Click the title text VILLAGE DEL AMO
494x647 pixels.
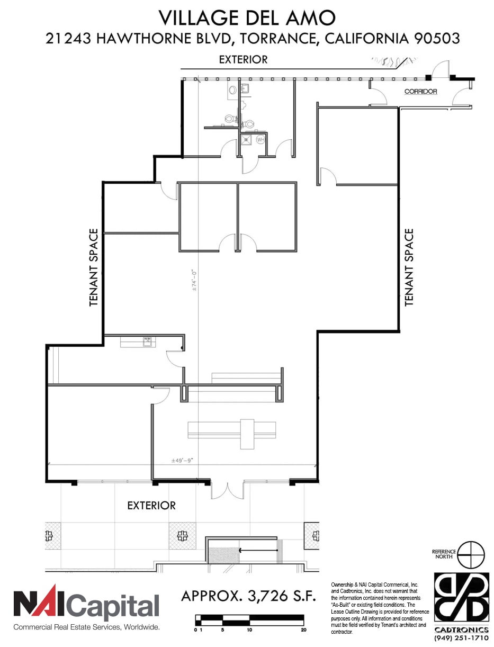tap(247, 18)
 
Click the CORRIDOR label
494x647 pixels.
tap(420, 92)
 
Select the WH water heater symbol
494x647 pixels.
tap(260, 140)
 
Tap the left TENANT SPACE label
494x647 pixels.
tap(94, 267)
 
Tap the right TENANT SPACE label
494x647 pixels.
tap(409, 267)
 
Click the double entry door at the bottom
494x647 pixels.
tap(227, 489)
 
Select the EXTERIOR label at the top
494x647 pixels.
tap(244, 60)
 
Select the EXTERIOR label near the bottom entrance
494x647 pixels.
tap(151, 506)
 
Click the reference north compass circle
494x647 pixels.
tap(471, 554)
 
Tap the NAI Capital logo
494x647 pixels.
tap(86, 605)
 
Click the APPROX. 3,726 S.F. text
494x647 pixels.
tap(248, 596)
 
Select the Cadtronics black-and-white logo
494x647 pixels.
tap(461, 597)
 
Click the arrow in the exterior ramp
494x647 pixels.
tap(258, 550)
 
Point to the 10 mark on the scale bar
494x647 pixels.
tap(249, 630)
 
